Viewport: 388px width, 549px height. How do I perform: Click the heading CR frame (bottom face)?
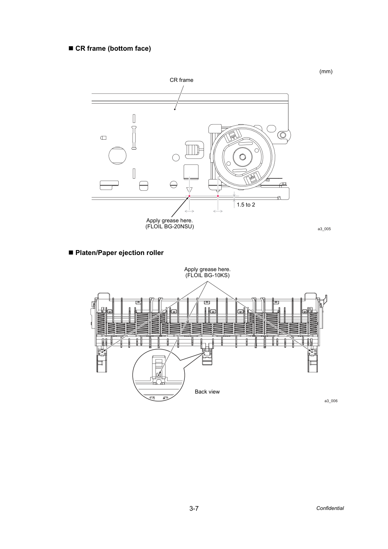(x=113, y=48)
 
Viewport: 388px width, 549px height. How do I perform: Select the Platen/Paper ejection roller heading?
(x=119, y=253)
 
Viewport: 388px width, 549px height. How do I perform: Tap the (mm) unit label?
(x=326, y=72)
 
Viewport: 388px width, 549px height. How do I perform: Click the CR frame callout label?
(x=181, y=80)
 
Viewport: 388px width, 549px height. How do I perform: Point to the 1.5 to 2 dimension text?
(x=246, y=205)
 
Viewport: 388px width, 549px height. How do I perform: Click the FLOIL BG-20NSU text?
(x=170, y=226)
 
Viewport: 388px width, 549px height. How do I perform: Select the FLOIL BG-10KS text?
(x=207, y=275)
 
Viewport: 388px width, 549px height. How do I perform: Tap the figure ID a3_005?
(x=324, y=229)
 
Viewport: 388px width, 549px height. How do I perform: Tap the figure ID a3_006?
(x=331, y=401)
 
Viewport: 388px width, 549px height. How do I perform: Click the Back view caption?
(x=207, y=392)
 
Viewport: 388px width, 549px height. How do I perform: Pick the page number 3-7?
(x=194, y=508)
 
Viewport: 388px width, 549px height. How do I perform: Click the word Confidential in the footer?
(x=330, y=508)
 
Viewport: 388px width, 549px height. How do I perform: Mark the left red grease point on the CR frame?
(x=189, y=196)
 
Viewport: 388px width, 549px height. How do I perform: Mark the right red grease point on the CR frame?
(x=218, y=196)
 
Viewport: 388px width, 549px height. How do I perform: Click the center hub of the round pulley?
(x=242, y=156)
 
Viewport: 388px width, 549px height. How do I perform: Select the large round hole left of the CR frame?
(x=118, y=155)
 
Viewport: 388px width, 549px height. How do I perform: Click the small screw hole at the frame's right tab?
(x=282, y=135)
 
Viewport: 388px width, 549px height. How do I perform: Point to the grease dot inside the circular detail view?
(x=159, y=375)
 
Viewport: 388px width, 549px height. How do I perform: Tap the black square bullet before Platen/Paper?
(x=71, y=252)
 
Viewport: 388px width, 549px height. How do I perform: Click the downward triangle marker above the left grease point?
(x=189, y=190)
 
